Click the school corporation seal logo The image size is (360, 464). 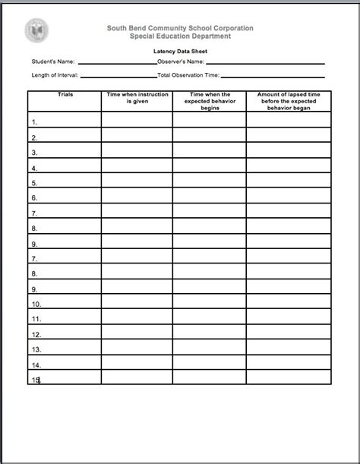click(36, 30)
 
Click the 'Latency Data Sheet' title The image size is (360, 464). click(180, 52)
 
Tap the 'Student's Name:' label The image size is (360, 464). click(53, 62)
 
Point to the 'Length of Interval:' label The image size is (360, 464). click(55, 76)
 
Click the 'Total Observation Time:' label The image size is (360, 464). click(189, 76)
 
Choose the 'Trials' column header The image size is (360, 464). click(65, 95)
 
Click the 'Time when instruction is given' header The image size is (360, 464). click(137, 98)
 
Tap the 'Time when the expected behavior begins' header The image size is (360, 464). click(209, 101)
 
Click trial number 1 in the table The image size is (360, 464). click(35, 122)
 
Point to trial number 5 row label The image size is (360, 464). click(35, 183)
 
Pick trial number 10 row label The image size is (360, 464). click(36, 305)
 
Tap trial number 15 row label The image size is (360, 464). click(36, 380)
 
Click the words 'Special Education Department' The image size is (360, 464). click(180, 36)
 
